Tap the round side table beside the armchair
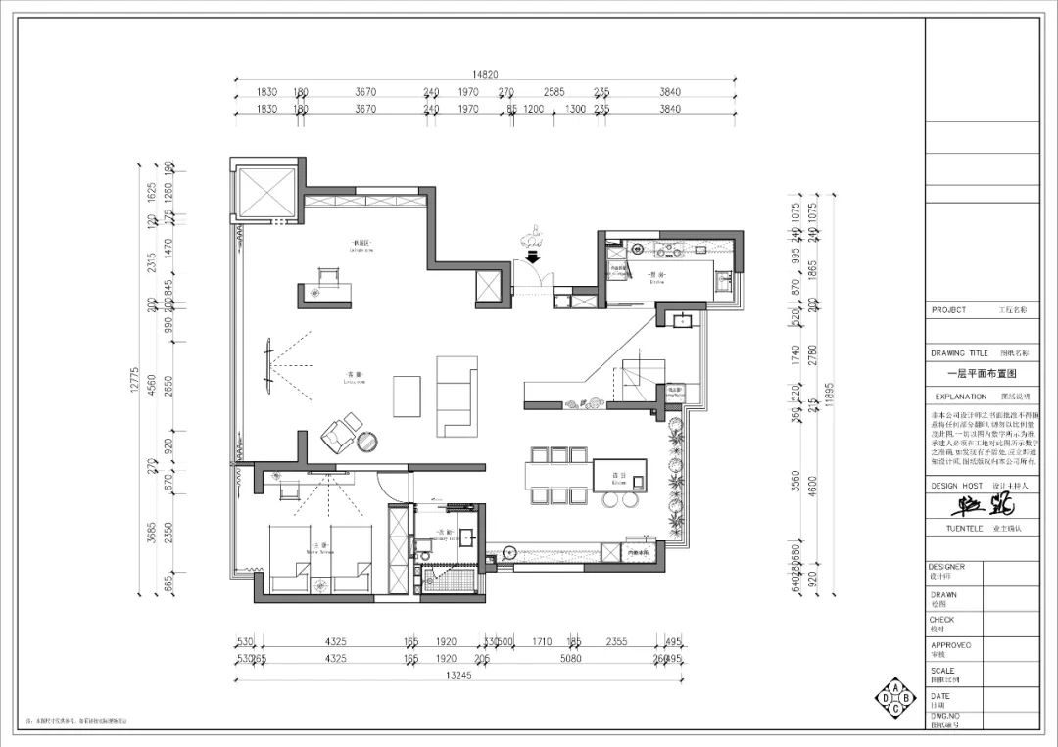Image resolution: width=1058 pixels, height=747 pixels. point(370,442)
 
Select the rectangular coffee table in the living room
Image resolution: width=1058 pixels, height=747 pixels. point(406,397)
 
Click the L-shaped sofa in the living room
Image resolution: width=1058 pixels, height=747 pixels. point(455,396)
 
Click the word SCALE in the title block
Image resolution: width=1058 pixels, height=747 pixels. point(942,671)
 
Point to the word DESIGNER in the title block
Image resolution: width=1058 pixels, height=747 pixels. point(947,567)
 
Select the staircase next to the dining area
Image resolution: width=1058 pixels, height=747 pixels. point(633,376)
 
